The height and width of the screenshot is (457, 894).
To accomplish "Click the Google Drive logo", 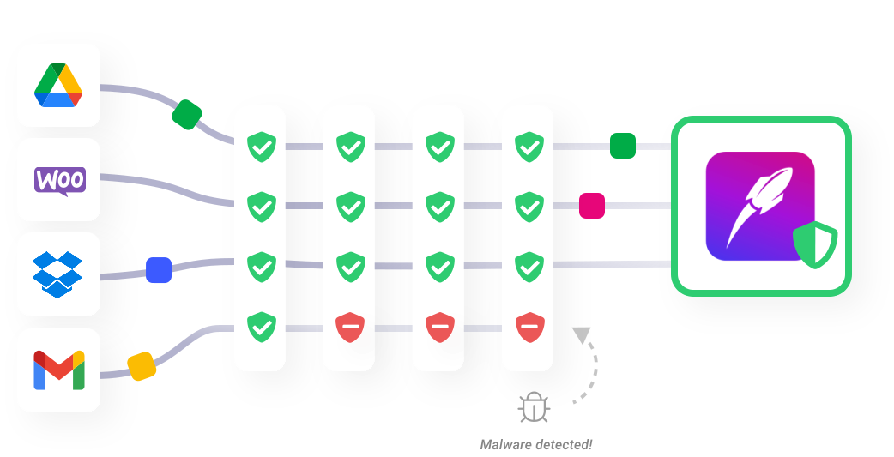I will pos(58,86).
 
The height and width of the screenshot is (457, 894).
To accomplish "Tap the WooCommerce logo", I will pos(59,180).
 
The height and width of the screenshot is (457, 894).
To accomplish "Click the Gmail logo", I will pos(58,370).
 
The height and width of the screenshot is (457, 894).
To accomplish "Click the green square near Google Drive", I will pos(187,114).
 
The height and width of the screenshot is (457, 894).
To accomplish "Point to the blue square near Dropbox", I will pos(159,270).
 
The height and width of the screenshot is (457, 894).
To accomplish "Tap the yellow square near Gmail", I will pos(142,366).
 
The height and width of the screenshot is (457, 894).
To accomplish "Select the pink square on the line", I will pos(592,206).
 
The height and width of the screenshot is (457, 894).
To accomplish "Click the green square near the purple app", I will pos(623,146).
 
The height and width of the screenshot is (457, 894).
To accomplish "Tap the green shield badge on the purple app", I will pos(814,244).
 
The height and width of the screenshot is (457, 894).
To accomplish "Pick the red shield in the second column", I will pos(349,328).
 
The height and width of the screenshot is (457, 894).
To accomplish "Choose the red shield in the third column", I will pos(439,328).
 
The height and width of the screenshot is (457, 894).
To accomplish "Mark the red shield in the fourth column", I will pos(529,328).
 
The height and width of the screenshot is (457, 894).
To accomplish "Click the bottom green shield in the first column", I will pos(261,328).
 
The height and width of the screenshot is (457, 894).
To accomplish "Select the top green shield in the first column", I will pos(261,147).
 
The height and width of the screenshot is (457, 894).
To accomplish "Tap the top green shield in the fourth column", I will pos(529,147).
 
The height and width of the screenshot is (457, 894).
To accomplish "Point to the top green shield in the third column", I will pos(439,147).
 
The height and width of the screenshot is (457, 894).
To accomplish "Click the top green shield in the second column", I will pos(349,147).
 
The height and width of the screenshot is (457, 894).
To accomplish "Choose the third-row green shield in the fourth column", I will pos(529,267).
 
